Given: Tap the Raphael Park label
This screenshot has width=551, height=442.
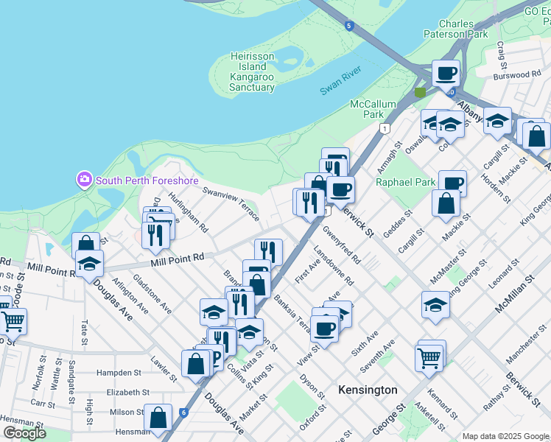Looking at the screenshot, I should click(x=404, y=182).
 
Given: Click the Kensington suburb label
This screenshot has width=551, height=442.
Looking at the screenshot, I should click(x=368, y=390).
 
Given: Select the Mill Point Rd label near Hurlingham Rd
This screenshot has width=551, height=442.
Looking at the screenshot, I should click(x=177, y=259).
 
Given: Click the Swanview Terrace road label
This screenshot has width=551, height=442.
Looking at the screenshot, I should click(x=231, y=202).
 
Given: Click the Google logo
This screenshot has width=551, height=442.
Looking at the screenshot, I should click(x=24, y=433).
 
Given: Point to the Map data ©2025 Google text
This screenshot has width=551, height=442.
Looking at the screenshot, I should click(x=505, y=436).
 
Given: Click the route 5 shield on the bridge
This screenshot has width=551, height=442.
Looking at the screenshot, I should click(x=349, y=27).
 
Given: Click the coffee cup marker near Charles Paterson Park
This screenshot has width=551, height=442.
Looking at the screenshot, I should click(x=446, y=74).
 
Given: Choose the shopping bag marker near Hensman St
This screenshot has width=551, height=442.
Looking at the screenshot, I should click(x=158, y=418).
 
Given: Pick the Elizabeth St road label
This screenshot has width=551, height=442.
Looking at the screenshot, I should click(x=128, y=393).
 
